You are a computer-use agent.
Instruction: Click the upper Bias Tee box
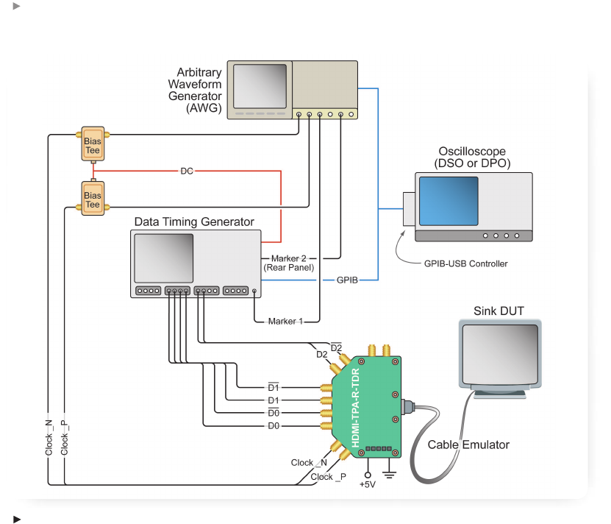(93, 146)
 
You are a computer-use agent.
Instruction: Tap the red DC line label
(187, 171)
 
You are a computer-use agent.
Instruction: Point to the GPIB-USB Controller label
(466, 263)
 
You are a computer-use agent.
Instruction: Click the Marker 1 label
(285, 321)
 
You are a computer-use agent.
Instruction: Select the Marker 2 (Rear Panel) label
(289, 263)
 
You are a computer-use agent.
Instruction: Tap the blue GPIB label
(347, 280)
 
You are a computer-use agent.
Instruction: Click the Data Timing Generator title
(194, 222)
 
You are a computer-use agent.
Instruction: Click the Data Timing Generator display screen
(164, 258)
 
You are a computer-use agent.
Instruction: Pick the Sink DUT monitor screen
(499, 354)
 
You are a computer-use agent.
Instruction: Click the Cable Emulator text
(468, 445)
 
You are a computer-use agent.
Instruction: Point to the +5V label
(368, 485)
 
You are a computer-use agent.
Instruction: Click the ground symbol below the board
(390, 475)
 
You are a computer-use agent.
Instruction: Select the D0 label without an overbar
(274, 425)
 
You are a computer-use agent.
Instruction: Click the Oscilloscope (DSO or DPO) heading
(473, 157)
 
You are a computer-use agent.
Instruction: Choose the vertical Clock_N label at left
(49, 437)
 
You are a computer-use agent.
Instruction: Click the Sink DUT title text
(499, 311)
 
